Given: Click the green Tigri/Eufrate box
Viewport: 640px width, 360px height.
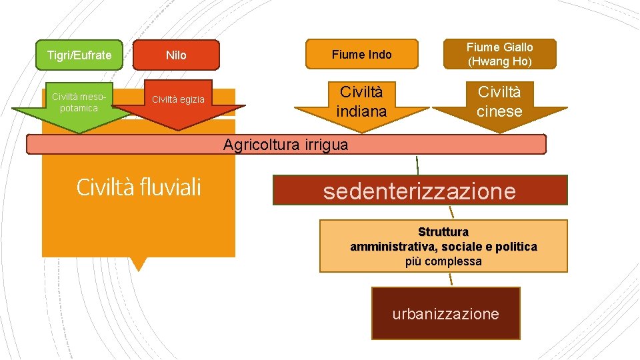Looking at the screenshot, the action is pos(79,55).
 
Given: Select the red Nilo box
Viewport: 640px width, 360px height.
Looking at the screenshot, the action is pos(176,55).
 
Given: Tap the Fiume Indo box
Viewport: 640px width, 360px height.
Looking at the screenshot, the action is pos(362,54).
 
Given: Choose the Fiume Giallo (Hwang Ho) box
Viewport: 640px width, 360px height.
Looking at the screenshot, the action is pos(499,54).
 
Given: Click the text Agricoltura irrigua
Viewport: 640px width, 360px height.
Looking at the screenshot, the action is pos(285,145).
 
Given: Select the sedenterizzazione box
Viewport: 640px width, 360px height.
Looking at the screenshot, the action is pos(419,191).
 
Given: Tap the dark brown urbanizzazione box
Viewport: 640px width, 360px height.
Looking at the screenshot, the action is pos(445,314).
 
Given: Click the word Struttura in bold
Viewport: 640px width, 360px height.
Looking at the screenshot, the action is pos(443,232).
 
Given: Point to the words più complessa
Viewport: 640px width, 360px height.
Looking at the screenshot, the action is pos(443,261).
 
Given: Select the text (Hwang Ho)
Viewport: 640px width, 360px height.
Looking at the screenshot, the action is pos(499,61).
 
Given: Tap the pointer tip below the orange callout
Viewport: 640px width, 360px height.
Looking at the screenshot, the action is pos(138,267).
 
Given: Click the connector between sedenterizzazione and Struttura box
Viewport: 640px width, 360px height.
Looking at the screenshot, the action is pos(451,212).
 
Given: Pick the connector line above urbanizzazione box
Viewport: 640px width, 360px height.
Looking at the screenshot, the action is pos(451,279).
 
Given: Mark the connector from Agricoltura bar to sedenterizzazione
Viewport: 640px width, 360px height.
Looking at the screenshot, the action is pos(418,165).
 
